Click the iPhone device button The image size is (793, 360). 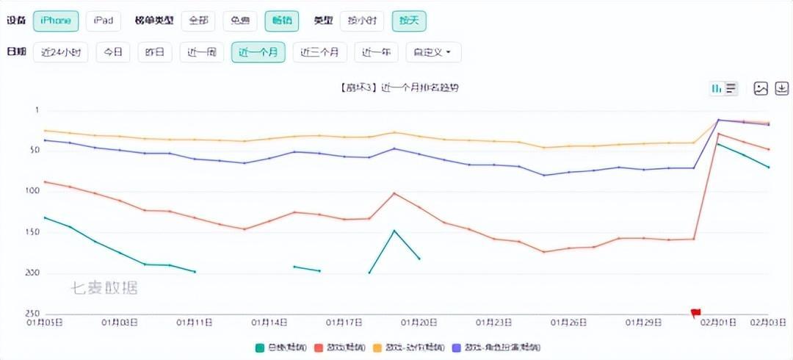pos(56,21)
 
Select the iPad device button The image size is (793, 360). pos(104,21)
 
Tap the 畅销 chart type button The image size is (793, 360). pos(282,21)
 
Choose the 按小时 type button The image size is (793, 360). pos(362,21)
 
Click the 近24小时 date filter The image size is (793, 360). pos(60,52)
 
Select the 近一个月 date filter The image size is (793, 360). pos(258,52)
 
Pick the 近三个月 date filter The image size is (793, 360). pos(319,52)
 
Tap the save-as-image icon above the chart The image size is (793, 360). pos(761,88)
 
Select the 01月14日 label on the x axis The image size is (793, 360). pos(269,322)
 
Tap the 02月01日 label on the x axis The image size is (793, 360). pos(717,322)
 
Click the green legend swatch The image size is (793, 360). pos(259,346)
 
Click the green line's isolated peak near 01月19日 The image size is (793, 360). pos(394,231)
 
